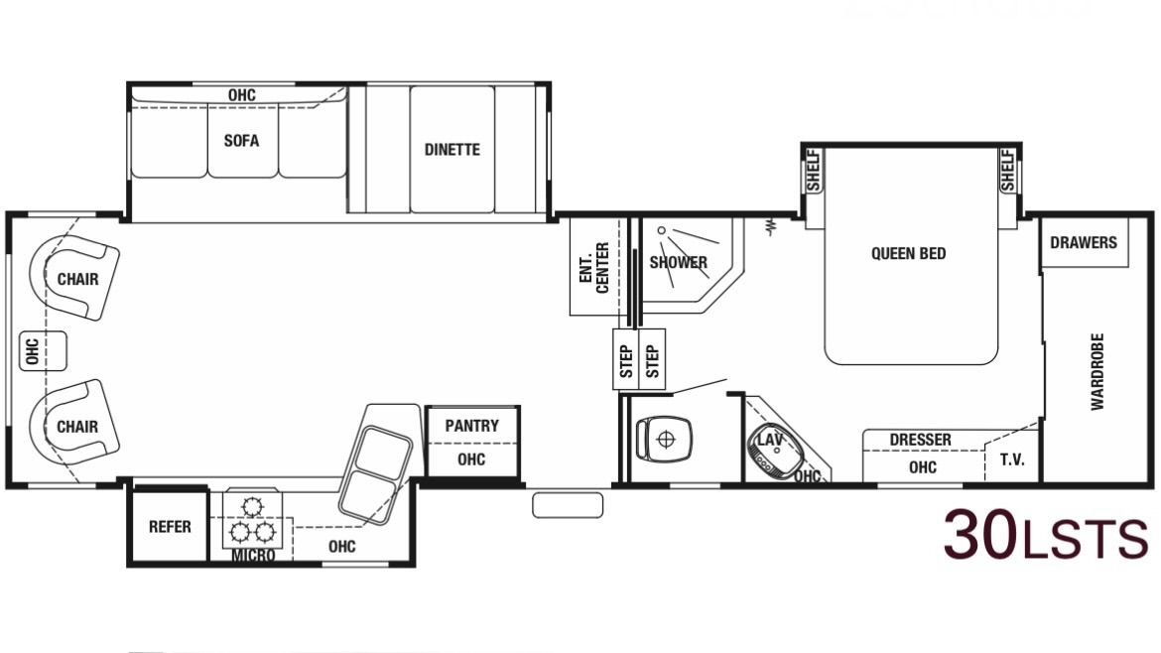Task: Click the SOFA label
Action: [241, 141]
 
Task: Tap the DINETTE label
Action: [451, 150]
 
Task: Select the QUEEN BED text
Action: [909, 253]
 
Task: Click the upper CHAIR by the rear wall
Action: [74, 278]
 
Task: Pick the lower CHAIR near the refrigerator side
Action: [74, 425]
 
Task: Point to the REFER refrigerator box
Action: [170, 526]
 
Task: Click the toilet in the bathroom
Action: [664, 439]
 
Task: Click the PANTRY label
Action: [471, 426]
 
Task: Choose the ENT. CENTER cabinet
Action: [597, 267]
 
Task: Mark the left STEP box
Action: [626, 360]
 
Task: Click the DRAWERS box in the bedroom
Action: [1084, 242]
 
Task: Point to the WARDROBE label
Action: [1097, 372]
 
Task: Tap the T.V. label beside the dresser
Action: [1012, 459]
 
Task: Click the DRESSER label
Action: [920, 440]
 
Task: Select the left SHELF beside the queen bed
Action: [814, 171]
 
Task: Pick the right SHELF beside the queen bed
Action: [1008, 171]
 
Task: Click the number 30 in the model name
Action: [980, 535]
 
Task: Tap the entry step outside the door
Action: [568, 506]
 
